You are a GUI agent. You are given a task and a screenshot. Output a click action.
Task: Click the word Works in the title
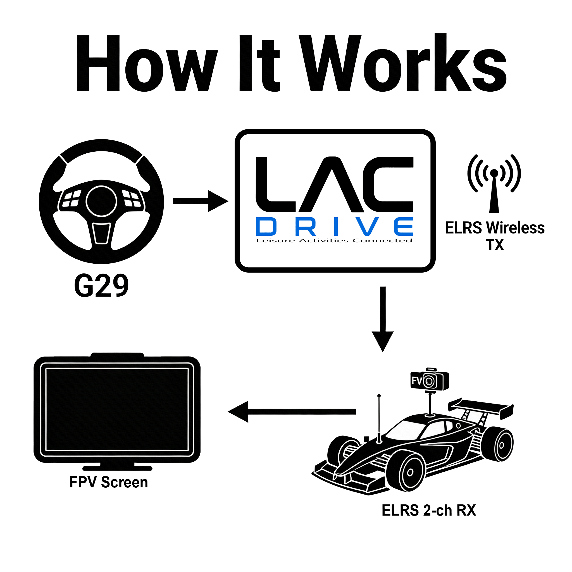click(403, 63)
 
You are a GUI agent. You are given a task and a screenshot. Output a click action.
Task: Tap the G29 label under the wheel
click(101, 285)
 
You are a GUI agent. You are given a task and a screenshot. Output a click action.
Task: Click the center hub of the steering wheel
click(102, 201)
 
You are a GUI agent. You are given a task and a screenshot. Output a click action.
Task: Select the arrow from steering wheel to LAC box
click(201, 201)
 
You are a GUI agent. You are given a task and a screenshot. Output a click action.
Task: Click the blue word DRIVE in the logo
click(335, 227)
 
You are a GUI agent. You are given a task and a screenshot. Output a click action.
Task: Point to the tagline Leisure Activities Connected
click(334, 240)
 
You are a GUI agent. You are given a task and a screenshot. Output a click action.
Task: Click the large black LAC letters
click(335, 184)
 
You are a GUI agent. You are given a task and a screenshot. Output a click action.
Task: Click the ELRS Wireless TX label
click(495, 236)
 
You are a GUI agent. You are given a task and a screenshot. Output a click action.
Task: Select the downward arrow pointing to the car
click(383, 319)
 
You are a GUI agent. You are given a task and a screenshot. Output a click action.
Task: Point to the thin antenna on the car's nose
click(379, 419)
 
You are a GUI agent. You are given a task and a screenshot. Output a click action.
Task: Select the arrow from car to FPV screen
click(292, 411)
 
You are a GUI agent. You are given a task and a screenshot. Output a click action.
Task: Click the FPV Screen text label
click(109, 482)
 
